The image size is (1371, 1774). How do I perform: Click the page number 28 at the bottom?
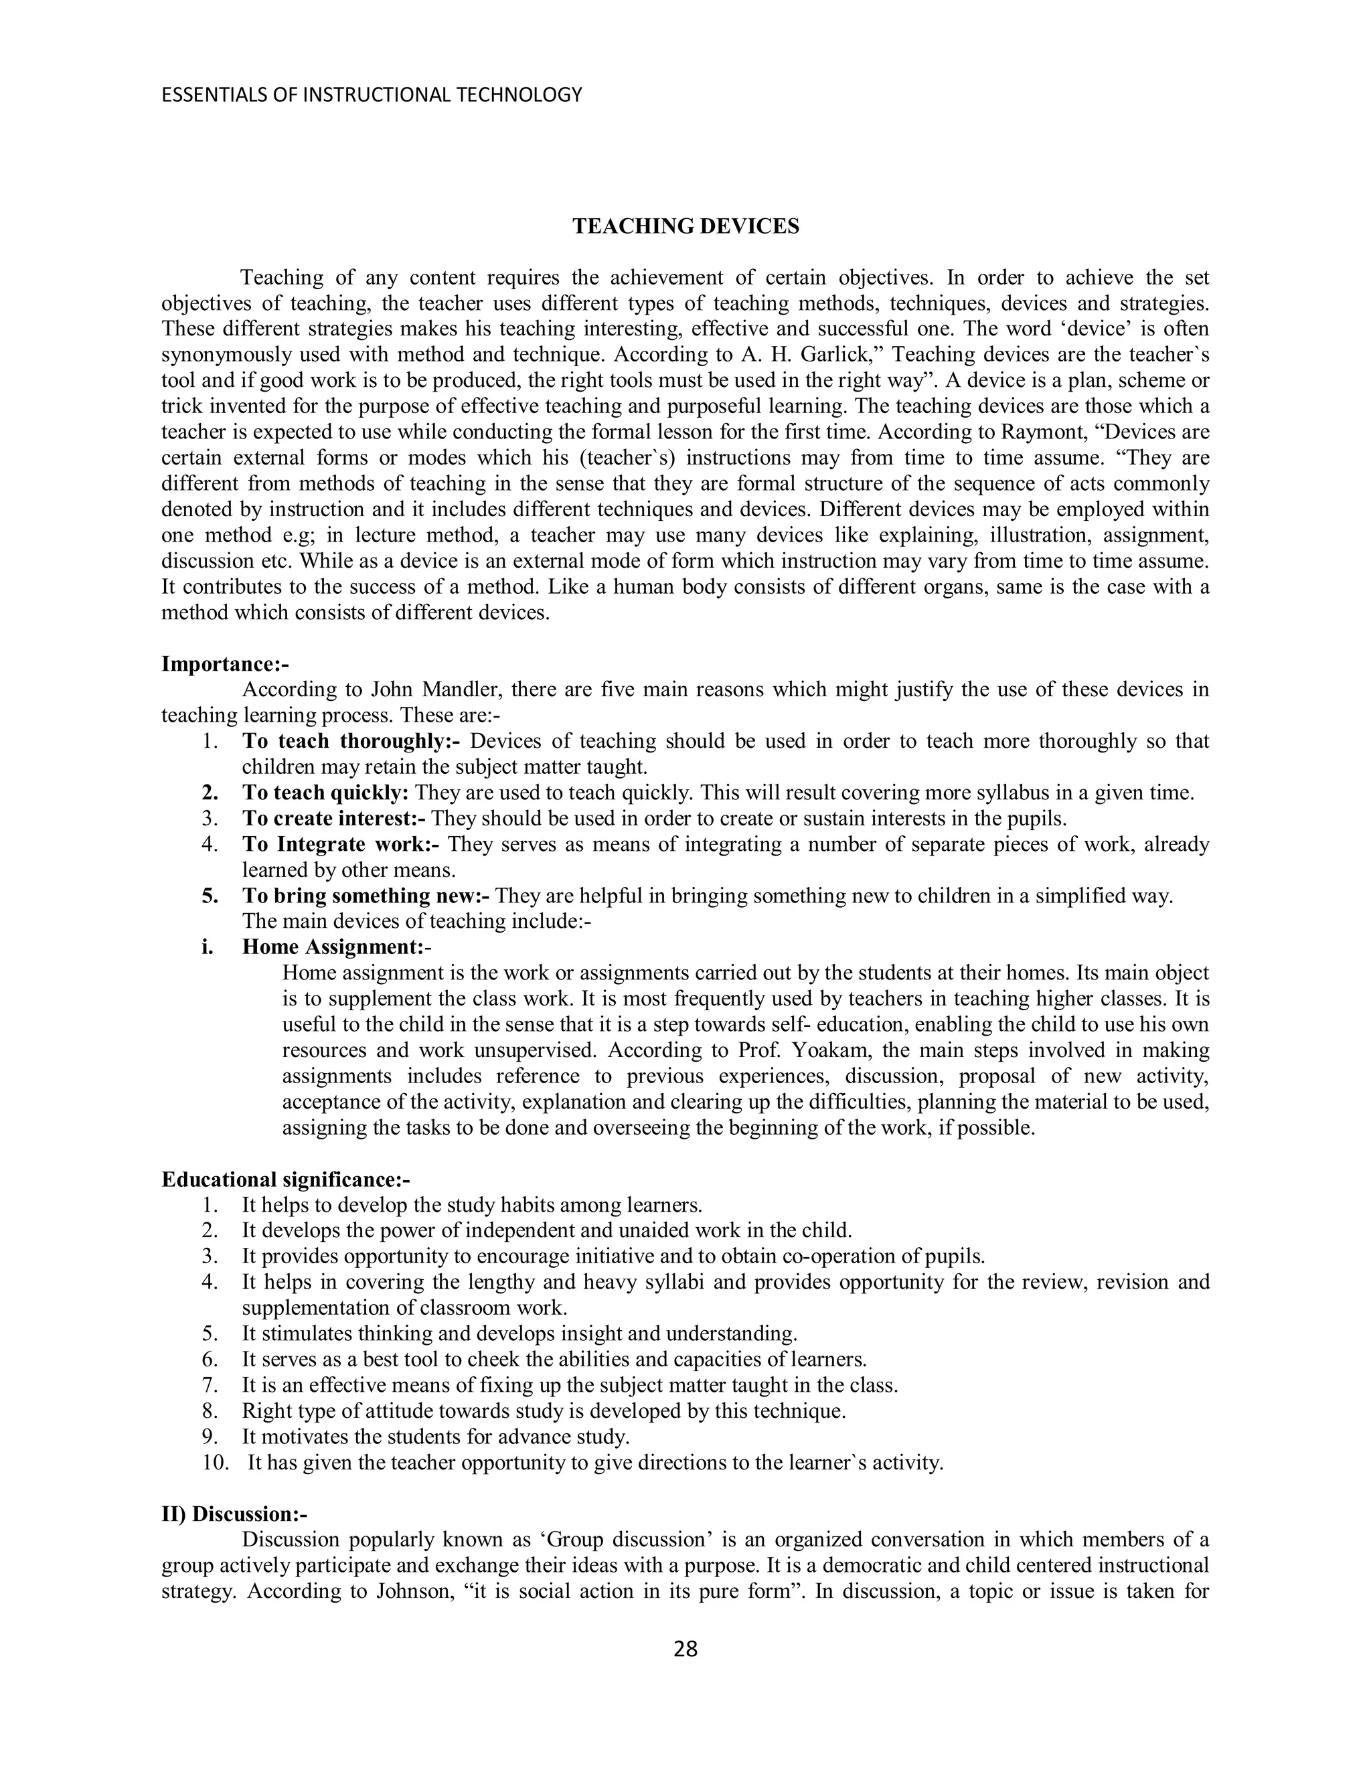(685, 1649)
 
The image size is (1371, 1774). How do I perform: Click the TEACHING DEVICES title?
(685, 227)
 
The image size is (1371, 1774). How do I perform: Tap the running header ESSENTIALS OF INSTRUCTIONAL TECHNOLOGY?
(372, 95)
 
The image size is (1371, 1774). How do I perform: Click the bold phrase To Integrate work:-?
(340, 844)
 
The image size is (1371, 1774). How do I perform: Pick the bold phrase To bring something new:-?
(366, 896)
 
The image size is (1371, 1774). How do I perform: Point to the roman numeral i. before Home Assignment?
(208, 947)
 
